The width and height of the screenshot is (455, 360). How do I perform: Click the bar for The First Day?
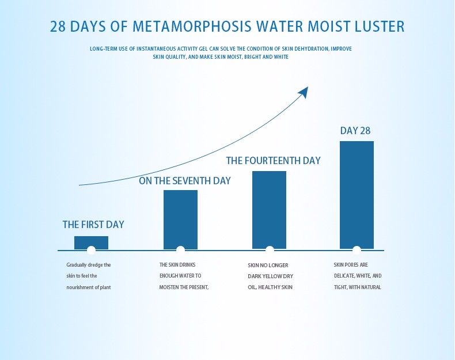91,242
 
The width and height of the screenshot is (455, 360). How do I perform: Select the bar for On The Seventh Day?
180,219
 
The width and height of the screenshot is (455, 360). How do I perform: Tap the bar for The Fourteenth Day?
269,210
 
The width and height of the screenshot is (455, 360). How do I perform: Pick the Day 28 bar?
357,195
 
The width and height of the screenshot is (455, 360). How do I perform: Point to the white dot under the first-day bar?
91,250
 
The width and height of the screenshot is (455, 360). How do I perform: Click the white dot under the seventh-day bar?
180,250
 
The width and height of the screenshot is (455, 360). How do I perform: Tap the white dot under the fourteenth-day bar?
270,250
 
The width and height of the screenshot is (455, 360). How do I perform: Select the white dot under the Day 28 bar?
357,250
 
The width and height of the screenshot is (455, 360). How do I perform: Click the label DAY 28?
355,131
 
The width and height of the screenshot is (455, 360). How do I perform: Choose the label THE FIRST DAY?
93,225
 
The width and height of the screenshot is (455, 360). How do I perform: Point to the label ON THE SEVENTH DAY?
184,181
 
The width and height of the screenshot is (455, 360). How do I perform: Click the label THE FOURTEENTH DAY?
273,161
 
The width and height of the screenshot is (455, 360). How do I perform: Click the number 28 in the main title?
60,26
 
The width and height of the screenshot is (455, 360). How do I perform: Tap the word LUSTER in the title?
379,26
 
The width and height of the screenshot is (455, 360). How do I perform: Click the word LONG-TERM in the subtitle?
104,49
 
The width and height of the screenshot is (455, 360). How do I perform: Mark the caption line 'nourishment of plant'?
88,287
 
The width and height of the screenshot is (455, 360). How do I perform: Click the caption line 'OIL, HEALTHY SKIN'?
270,287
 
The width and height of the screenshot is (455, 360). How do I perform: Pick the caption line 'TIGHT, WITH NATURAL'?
357,287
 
